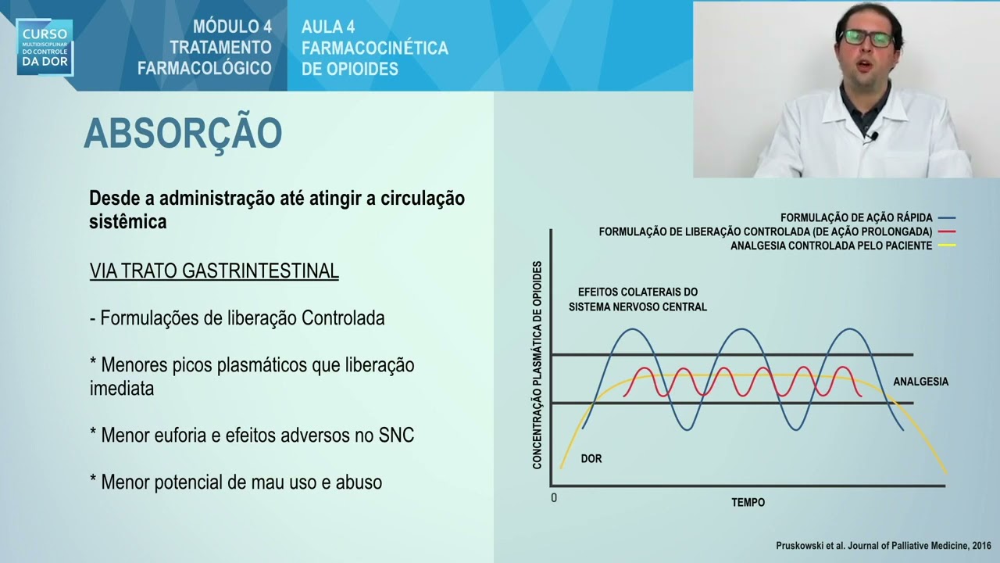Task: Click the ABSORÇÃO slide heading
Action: [182, 134]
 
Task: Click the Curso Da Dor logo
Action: [45, 47]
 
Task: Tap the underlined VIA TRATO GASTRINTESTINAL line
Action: [214, 271]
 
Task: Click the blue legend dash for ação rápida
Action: [947, 218]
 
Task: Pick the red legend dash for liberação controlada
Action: [947, 232]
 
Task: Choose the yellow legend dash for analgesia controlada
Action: [947, 246]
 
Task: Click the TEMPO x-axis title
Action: [748, 502]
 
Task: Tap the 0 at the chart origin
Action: [554, 498]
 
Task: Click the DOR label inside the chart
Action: [591, 459]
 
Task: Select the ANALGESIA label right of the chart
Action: [920, 382]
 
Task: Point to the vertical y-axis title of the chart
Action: [537, 365]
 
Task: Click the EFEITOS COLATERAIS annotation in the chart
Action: [637, 299]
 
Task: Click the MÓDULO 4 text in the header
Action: [232, 27]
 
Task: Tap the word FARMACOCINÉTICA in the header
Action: [374, 48]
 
